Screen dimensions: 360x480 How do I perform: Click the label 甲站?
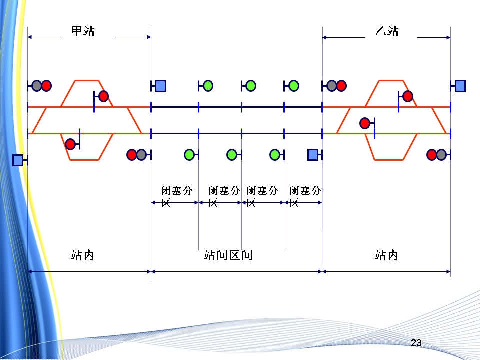pos(83,31)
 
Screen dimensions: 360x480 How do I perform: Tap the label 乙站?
pos(387,31)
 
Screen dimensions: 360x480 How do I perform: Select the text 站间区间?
pos(228,255)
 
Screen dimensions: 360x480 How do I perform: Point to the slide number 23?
pos(416,343)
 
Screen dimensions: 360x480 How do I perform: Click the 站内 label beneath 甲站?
pos(83,255)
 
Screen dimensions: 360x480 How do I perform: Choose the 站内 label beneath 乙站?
pos(387,255)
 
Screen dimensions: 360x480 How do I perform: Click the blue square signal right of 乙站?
pos(460,86)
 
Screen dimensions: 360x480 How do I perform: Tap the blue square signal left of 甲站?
pos(18,160)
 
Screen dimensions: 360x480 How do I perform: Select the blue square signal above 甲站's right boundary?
pos(160,86)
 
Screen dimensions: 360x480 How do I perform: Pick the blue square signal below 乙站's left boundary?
pos(313,155)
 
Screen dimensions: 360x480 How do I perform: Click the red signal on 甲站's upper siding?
pos(103,96)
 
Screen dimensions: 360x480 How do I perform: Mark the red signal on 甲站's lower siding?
pos(71,144)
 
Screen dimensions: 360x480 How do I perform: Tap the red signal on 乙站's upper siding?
pos(408,96)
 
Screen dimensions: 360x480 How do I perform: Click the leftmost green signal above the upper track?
pos(208,86)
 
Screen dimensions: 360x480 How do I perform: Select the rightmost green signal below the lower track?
pos(275,155)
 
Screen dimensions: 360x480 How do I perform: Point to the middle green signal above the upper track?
pos(251,86)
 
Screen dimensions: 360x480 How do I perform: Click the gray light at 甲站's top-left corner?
pos(37,86)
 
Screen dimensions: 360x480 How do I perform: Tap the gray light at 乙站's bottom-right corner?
pos(441,155)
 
